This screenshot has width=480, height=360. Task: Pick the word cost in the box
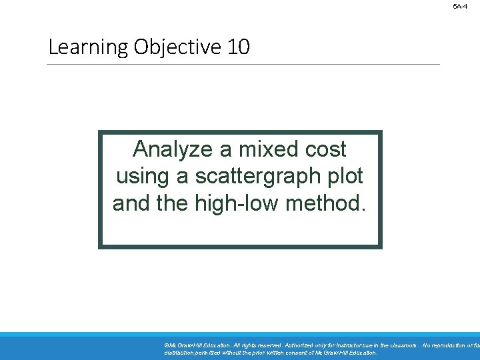tap(326, 149)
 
